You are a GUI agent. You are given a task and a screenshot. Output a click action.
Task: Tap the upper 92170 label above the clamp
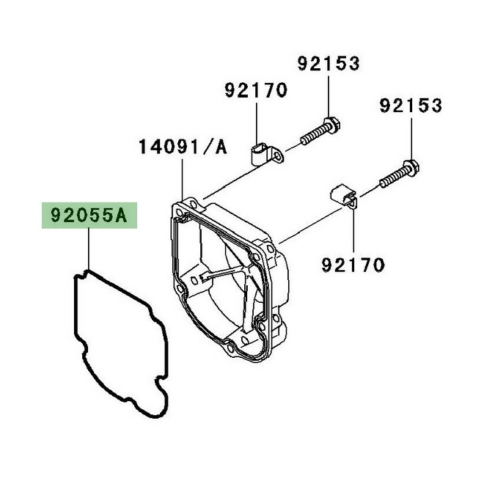click(256, 91)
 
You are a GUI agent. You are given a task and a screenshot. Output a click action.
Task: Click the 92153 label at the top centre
click(329, 64)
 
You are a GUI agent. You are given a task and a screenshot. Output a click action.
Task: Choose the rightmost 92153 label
click(411, 106)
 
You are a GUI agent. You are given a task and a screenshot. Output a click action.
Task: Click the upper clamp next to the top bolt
click(259, 155)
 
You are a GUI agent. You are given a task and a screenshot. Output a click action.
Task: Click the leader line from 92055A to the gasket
click(88, 249)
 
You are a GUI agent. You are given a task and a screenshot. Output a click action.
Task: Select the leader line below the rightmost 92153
click(411, 139)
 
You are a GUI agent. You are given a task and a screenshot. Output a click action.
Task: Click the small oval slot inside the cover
click(201, 279)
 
